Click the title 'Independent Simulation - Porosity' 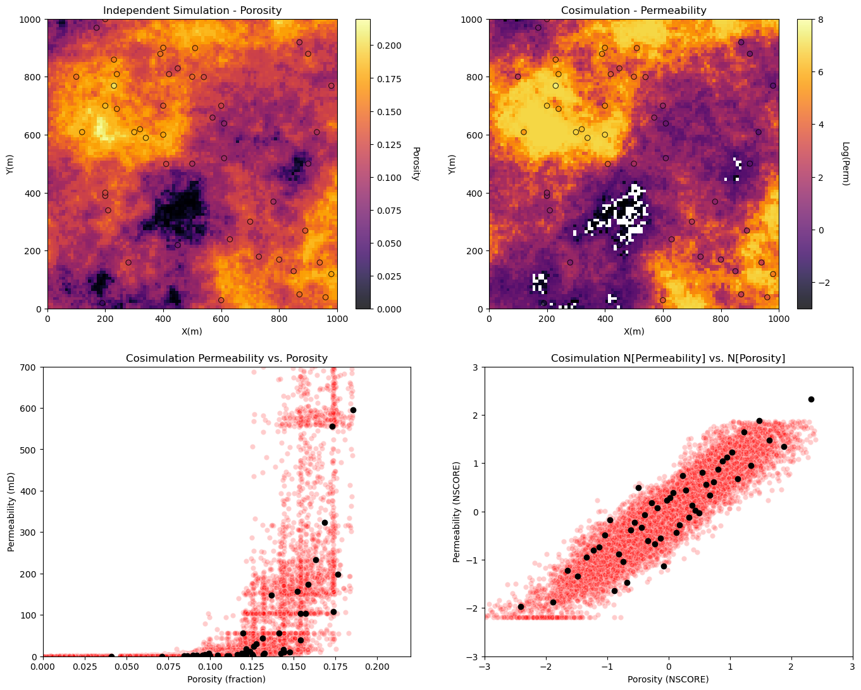point(192,10)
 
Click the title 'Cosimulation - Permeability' point(634,10)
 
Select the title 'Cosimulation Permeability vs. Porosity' point(226,358)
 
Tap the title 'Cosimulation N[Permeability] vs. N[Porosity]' point(668,358)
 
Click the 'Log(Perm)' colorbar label point(845,164)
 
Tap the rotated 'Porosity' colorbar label point(416,164)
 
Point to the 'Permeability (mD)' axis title point(11,512)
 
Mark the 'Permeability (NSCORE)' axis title point(457,512)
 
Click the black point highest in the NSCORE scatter point(811,399)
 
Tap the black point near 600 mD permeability point(353,410)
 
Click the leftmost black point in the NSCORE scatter point(521,607)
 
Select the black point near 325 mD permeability point(325,523)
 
